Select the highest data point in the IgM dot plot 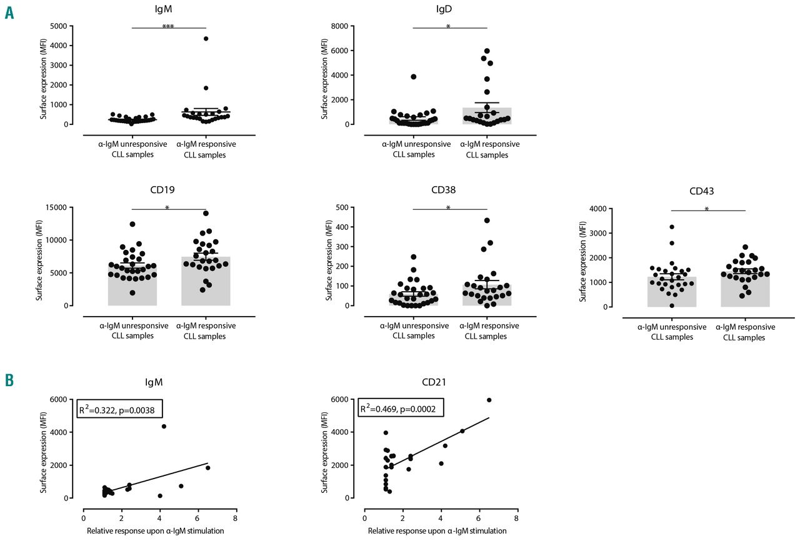206,39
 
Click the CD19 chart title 169,191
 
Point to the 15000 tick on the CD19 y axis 58,207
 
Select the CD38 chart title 449,191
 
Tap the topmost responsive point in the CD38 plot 487,221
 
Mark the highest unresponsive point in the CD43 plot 671,227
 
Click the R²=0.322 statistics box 120,410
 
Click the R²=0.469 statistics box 401,410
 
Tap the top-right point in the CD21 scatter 489,400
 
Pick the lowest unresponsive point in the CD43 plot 672,305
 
